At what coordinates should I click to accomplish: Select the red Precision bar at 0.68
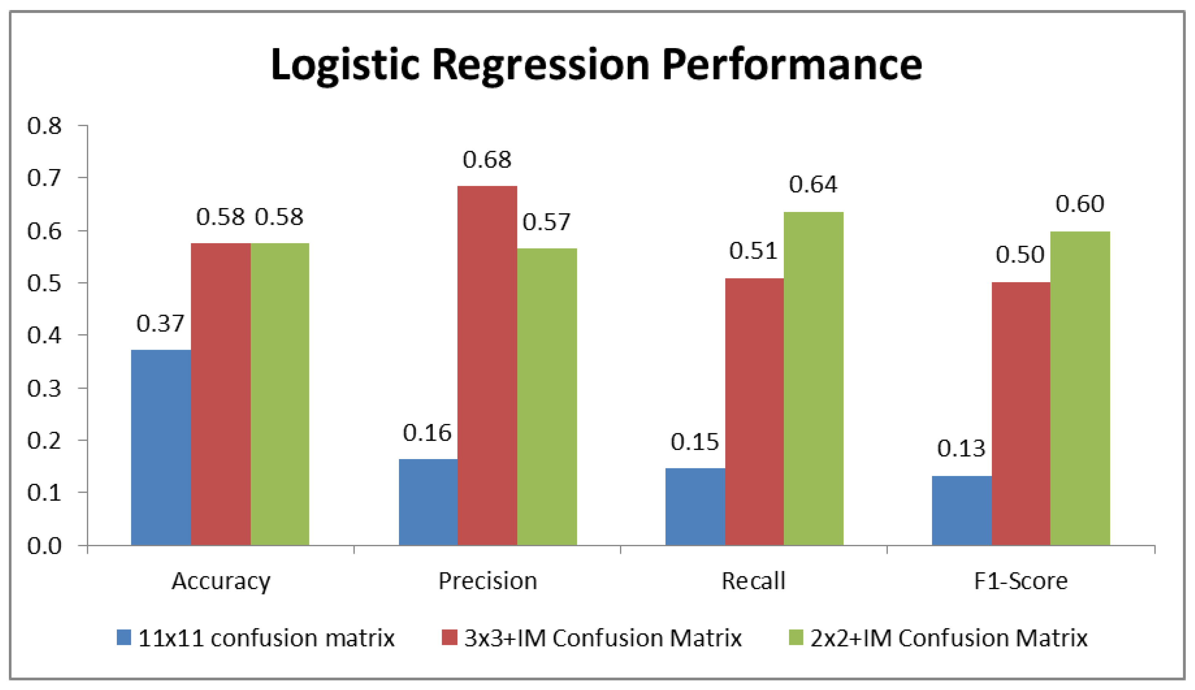[487, 365]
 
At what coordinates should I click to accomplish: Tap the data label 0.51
[753, 251]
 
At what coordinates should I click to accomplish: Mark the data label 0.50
[1020, 255]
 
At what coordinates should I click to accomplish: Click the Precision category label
[487, 581]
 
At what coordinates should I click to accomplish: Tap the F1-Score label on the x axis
[1021, 581]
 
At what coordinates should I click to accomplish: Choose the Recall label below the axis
[753, 581]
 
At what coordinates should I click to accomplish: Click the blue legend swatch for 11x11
[124, 638]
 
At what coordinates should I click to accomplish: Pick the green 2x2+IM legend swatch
[796, 638]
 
